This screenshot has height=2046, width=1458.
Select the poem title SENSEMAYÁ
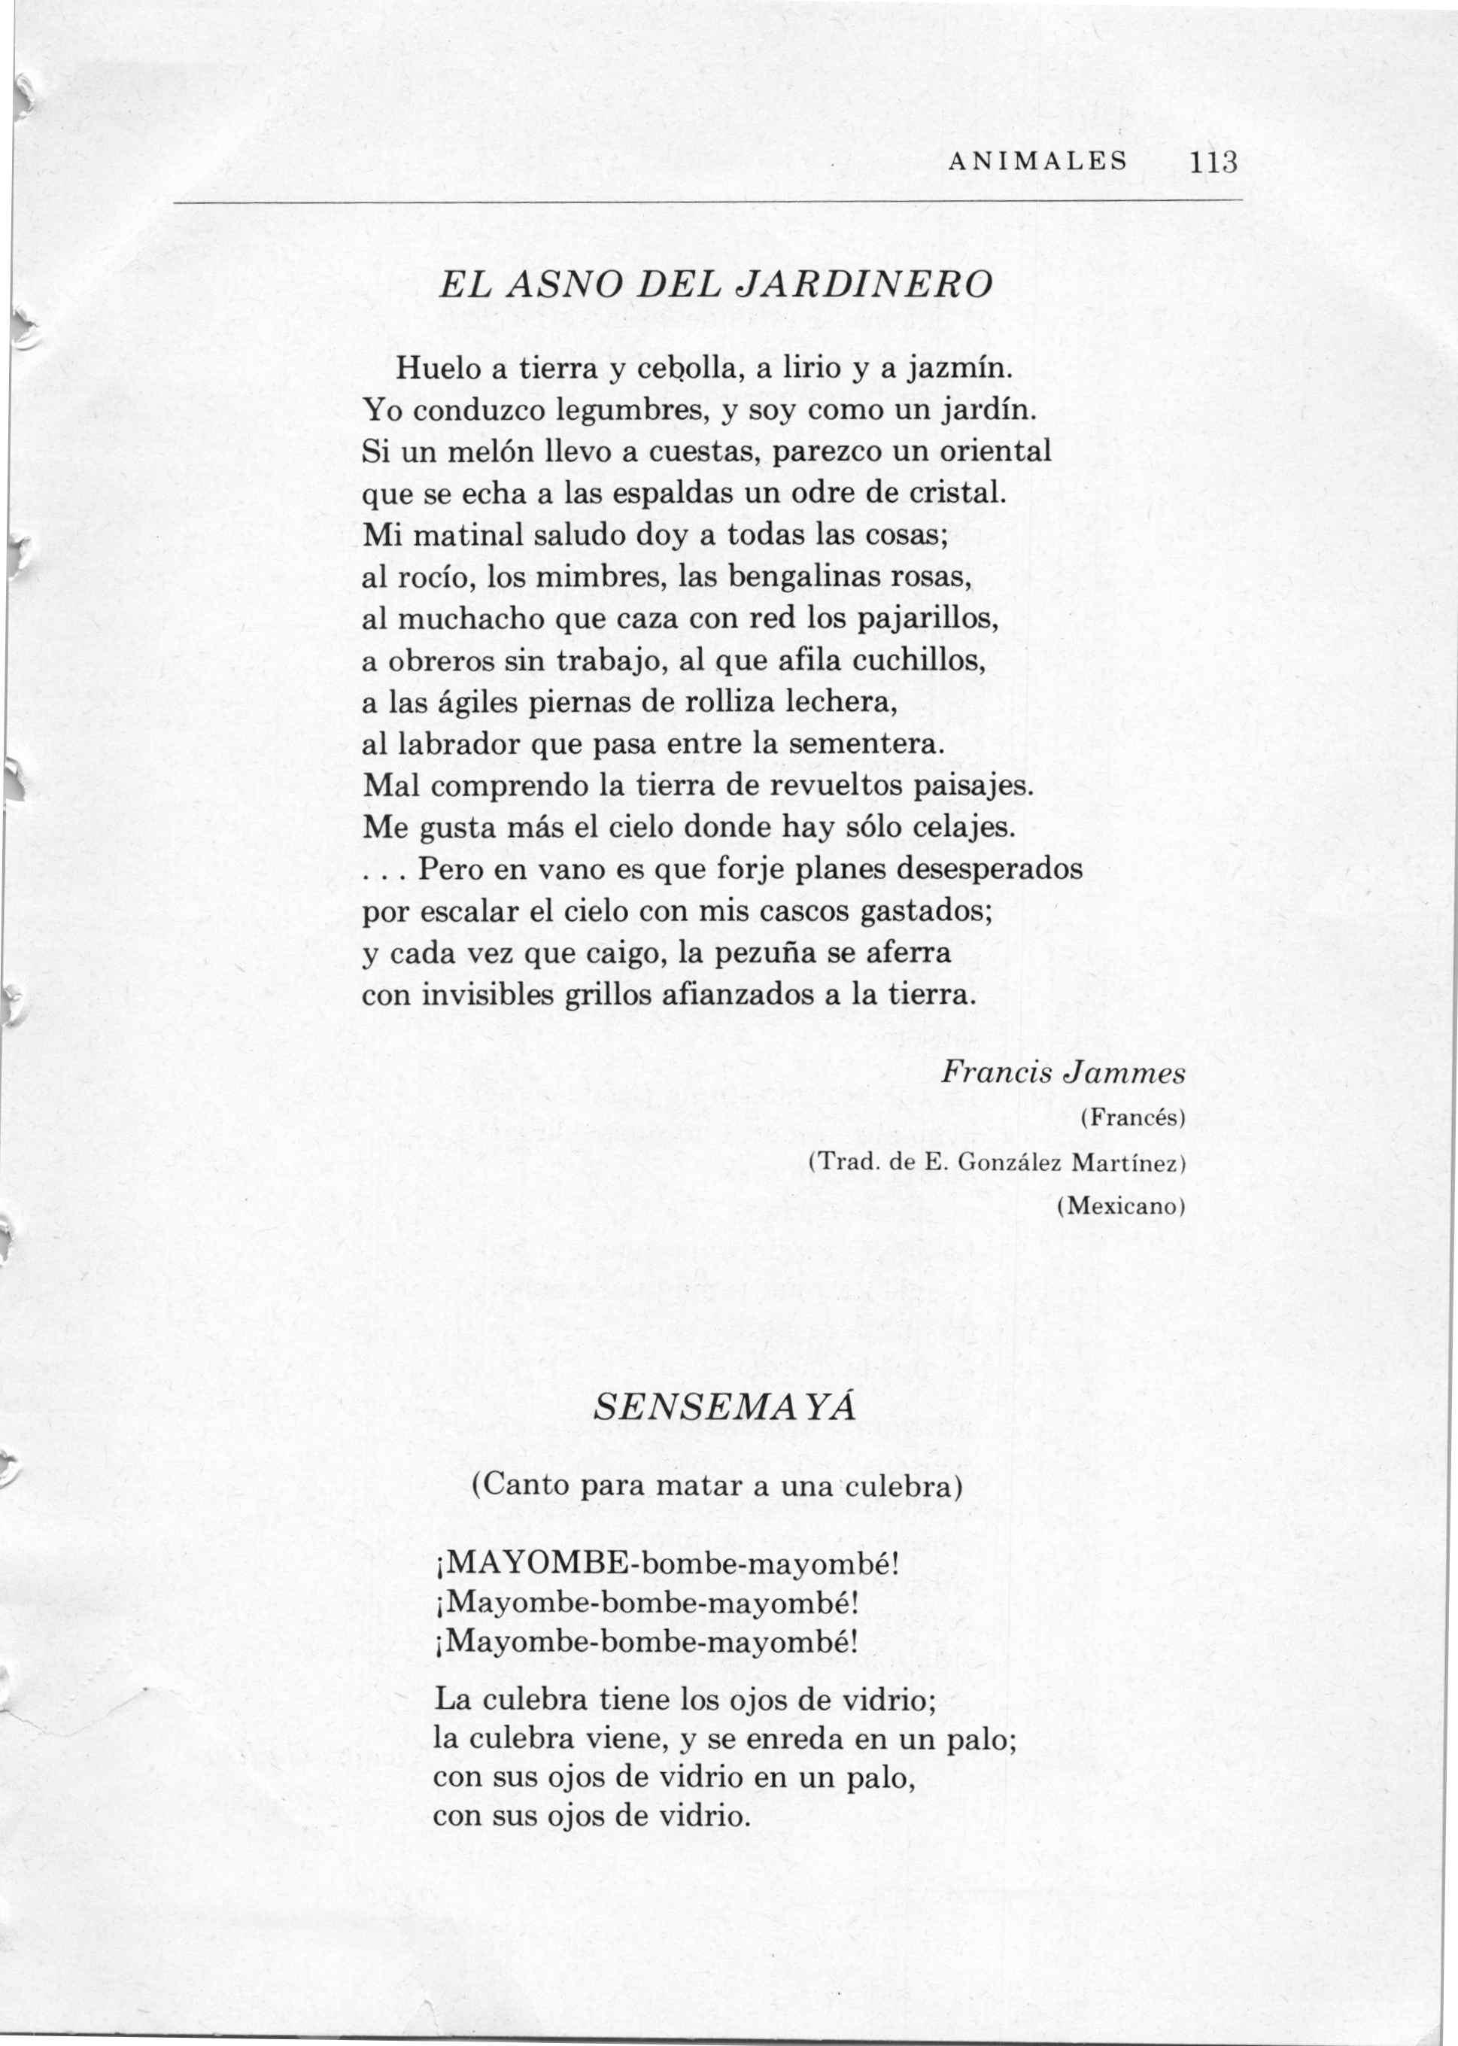click(x=724, y=1408)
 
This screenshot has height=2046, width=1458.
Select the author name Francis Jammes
click(x=1064, y=1074)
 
